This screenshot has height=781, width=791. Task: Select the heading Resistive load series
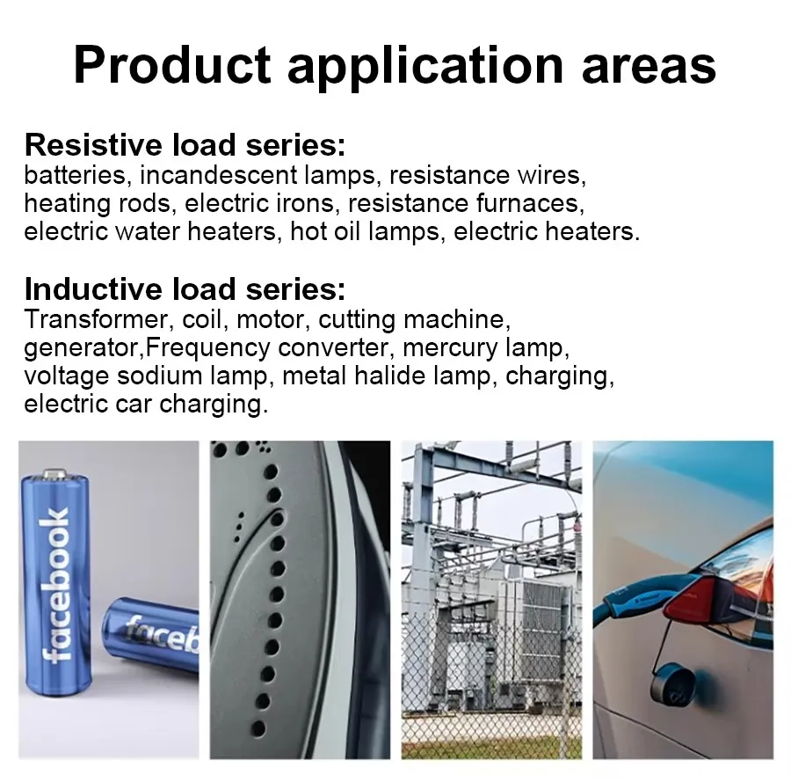pyautogui.click(x=185, y=145)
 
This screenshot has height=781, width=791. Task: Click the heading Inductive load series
pyautogui.click(x=185, y=289)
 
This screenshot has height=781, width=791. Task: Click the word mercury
pyautogui.click(x=452, y=347)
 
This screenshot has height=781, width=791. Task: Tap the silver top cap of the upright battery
pyautogui.click(x=54, y=475)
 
